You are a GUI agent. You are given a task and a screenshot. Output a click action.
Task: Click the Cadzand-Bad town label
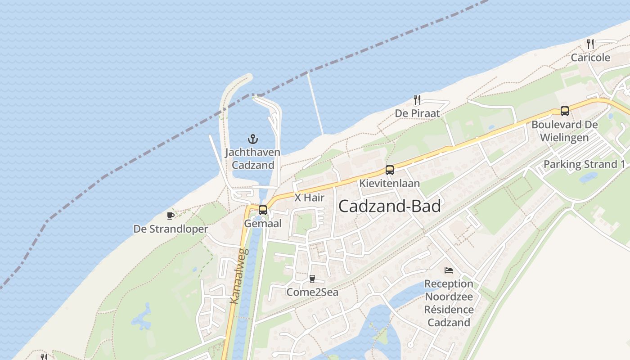point(389,206)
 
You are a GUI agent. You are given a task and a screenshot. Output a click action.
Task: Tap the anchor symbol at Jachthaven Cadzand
point(253,139)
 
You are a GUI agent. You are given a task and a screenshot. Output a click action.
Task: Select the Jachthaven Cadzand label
point(252,159)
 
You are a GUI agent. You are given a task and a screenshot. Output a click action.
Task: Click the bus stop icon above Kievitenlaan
point(390,170)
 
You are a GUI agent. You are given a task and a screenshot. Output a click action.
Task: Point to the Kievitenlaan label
point(389,183)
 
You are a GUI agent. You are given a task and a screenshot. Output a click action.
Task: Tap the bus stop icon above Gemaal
point(263,210)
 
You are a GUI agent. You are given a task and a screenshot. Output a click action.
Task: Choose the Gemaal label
point(263,224)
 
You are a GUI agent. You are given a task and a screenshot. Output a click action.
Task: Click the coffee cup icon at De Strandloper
point(171,216)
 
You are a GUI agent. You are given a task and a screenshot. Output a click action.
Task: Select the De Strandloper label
point(171,229)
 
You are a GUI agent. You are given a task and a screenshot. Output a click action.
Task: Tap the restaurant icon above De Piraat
point(417,100)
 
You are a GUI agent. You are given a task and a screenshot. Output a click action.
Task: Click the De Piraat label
point(417,113)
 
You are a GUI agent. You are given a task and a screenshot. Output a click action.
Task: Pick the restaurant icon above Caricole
point(590,44)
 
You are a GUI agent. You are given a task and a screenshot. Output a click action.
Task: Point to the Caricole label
point(590,58)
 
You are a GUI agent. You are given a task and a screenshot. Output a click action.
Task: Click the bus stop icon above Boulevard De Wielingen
point(565,111)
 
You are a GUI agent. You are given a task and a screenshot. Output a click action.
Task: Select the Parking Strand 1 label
point(584,164)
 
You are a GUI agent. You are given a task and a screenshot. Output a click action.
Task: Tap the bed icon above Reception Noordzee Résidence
point(449,270)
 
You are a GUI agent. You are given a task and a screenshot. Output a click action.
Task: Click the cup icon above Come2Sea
point(312,279)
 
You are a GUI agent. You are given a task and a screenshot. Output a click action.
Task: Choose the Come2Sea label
point(312,292)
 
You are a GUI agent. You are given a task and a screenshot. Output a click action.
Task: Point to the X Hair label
point(309,198)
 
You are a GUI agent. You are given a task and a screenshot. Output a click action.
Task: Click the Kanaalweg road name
point(237,276)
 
